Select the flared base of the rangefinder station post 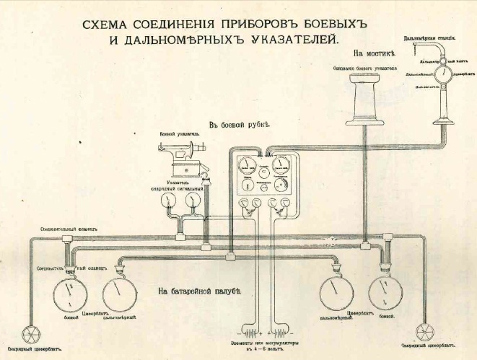click(x=440, y=115)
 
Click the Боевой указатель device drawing click(x=181, y=159)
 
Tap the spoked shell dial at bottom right click(x=426, y=333)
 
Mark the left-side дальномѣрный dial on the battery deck click(x=120, y=293)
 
